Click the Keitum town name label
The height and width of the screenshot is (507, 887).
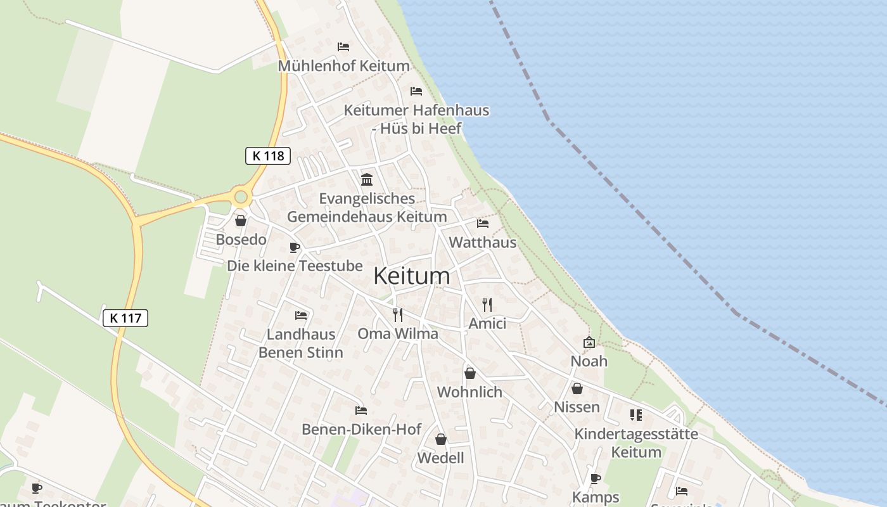pos(412,276)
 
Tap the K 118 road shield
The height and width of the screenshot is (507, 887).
pos(268,156)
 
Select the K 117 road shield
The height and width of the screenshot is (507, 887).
pos(125,318)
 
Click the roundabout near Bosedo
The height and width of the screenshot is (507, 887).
pos(241,197)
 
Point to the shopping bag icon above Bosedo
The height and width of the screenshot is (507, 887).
pos(241,221)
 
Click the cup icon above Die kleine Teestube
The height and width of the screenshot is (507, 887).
pos(294,247)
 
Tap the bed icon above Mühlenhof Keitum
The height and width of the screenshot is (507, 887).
pos(343,47)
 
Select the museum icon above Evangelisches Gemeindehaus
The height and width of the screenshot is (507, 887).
pos(367,179)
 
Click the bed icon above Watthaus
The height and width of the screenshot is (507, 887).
pos(483,224)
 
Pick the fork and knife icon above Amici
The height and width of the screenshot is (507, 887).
pos(487,305)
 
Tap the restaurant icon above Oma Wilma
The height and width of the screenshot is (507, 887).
pos(398,315)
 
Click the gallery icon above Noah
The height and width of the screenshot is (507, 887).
pos(589,342)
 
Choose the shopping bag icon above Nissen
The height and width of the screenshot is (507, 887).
pos(577,388)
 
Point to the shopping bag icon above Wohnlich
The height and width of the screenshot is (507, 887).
pos(470,373)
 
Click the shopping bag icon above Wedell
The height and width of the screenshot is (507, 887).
pos(441,439)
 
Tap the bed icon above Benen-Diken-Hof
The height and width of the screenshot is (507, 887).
pos(361,411)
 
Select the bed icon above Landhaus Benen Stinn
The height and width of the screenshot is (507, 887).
pos(301,315)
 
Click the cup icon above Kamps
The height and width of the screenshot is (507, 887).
pos(596,478)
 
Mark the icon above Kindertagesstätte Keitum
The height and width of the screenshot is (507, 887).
pos(636,415)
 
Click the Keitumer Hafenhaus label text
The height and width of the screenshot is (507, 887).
pos(416,110)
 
